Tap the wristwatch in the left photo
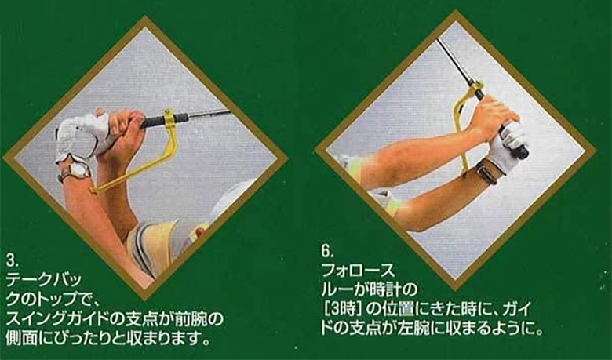pyautogui.click(x=76, y=169)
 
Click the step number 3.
pyautogui.click(x=9, y=260)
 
